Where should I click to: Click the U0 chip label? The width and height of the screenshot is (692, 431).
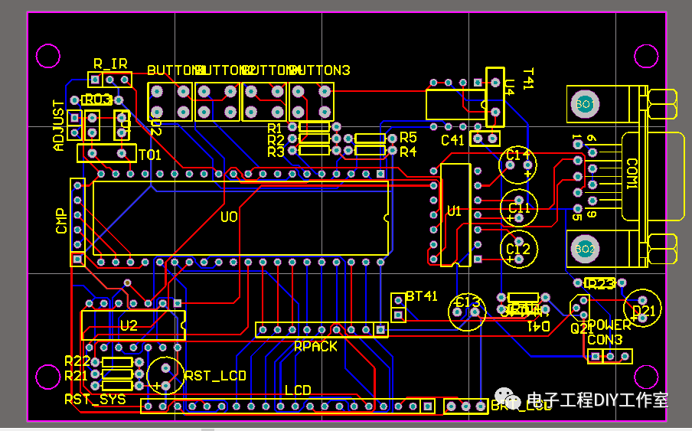[229, 217]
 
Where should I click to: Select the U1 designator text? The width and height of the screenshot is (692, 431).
[455, 210]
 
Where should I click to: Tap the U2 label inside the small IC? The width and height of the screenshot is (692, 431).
[129, 325]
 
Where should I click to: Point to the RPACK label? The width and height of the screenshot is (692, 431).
[315, 346]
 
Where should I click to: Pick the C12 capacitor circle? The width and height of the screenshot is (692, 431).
[519, 250]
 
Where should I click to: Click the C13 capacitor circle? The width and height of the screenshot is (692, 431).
[467, 311]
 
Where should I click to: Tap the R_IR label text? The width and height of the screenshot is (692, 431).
[109, 64]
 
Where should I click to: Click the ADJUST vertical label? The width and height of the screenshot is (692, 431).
[59, 125]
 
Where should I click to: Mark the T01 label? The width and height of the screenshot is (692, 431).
[149, 155]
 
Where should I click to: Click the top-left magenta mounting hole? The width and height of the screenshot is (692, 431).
[48, 57]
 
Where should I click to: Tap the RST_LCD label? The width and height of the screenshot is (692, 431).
[215, 376]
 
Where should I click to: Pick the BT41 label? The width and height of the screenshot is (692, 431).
[422, 296]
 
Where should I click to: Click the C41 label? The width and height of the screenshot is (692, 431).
[453, 140]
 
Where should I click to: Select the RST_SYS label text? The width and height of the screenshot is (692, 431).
[95, 399]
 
